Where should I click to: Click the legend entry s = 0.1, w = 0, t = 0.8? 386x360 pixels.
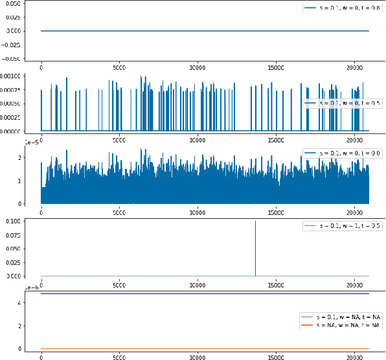click(x=343, y=8)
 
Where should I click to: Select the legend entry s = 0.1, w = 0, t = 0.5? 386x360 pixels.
click(x=343, y=103)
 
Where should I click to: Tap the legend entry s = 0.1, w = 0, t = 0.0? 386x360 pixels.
click(x=343, y=152)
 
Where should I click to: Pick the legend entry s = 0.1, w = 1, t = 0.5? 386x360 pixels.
click(x=343, y=226)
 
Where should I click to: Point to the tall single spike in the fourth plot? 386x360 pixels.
click(x=255, y=246)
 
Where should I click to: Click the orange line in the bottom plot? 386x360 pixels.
click(x=194, y=348)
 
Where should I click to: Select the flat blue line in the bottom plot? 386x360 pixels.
click(x=194, y=294)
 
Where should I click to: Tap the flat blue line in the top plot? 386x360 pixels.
click(x=194, y=30)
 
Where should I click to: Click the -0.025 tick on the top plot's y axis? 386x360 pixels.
click(x=13, y=45)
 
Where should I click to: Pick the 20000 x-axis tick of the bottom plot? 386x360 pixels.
click(x=354, y=356)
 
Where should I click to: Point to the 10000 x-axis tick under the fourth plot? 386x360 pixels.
click(x=198, y=284)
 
